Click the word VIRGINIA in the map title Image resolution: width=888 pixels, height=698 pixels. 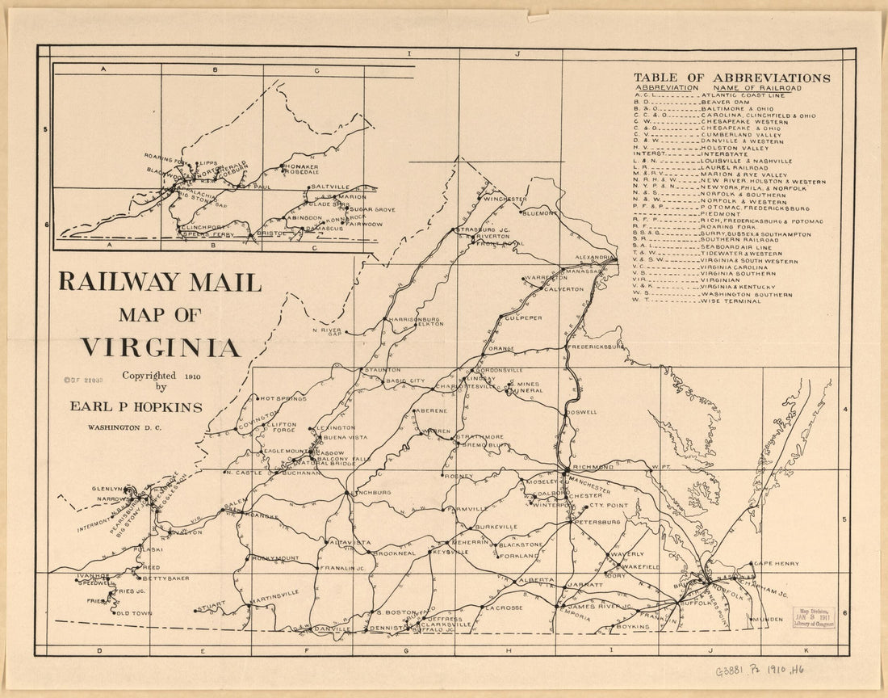(160, 347)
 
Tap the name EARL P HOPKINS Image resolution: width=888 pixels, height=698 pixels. (136, 407)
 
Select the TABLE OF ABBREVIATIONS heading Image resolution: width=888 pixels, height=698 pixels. (731, 78)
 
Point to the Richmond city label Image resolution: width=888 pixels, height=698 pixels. (593, 467)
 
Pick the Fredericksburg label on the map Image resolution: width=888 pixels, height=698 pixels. (597, 347)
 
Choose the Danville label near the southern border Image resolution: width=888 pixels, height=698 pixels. (333, 629)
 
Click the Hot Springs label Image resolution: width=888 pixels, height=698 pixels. (282, 398)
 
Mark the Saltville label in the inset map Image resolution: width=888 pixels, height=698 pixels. (329, 187)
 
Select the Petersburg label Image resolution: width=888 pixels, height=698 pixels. (598, 522)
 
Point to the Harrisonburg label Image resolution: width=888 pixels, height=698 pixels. (413, 319)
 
